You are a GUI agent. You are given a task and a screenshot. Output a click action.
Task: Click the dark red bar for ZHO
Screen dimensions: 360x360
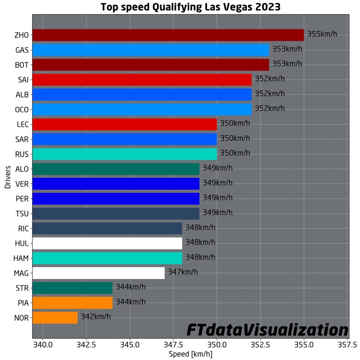click(x=168, y=35)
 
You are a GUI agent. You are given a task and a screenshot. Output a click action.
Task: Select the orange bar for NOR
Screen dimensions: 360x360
click(x=55, y=317)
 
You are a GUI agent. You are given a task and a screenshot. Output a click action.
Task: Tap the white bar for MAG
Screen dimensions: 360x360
click(x=98, y=273)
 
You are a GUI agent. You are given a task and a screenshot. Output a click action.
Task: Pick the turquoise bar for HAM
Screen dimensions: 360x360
click(x=107, y=258)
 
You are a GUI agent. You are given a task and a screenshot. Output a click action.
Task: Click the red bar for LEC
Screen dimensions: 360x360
click(x=124, y=124)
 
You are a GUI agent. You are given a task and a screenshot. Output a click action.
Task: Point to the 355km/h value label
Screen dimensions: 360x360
click(x=322, y=34)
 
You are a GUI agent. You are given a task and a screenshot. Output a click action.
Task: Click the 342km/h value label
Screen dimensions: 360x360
click(x=96, y=317)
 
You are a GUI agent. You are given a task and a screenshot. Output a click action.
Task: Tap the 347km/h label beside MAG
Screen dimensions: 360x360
click(x=183, y=272)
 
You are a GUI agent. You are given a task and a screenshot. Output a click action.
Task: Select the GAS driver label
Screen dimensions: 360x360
click(x=22, y=50)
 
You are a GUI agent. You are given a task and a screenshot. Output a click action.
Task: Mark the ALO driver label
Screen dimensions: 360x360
click(x=22, y=169)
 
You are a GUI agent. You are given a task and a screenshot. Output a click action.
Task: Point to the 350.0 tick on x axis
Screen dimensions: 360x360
click(x=217, y=343)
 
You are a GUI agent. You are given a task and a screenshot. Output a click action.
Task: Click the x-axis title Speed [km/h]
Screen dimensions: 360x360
click(x=190, y=353)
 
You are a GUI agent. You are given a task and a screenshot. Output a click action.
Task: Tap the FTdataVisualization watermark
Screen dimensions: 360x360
click(x=267, y=330)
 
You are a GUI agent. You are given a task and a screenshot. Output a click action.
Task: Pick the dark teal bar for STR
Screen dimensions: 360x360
click(x=72, y=288)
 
